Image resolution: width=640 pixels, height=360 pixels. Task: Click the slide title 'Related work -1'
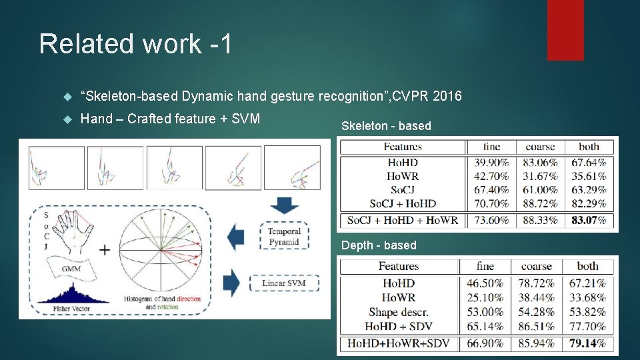click(x=136, y=44)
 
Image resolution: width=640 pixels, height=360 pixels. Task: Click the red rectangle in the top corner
click(x=565, y=30)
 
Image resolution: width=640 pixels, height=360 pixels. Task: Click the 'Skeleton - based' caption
click(x=386, y=126)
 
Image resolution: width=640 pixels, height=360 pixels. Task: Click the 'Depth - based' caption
click(x=379, y=245)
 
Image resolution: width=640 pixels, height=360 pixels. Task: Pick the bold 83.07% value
click(x=589, y=220)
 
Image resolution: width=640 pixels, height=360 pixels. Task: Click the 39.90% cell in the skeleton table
click(x=487, y=163)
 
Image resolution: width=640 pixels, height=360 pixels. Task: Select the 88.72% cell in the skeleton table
click(x=539, y=204)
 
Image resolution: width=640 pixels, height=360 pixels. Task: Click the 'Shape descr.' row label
click(x=398, y=312)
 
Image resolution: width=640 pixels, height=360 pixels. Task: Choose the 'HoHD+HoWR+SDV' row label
click(x=398, y=343)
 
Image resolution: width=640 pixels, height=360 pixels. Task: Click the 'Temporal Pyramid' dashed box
click(x=284, y=237)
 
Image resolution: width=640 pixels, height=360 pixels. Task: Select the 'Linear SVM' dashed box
click(x=284, y=283)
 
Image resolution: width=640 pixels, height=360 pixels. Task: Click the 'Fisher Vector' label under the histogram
click(x=73, y=309)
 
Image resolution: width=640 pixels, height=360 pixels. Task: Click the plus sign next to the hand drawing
click(x=105, y=250)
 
